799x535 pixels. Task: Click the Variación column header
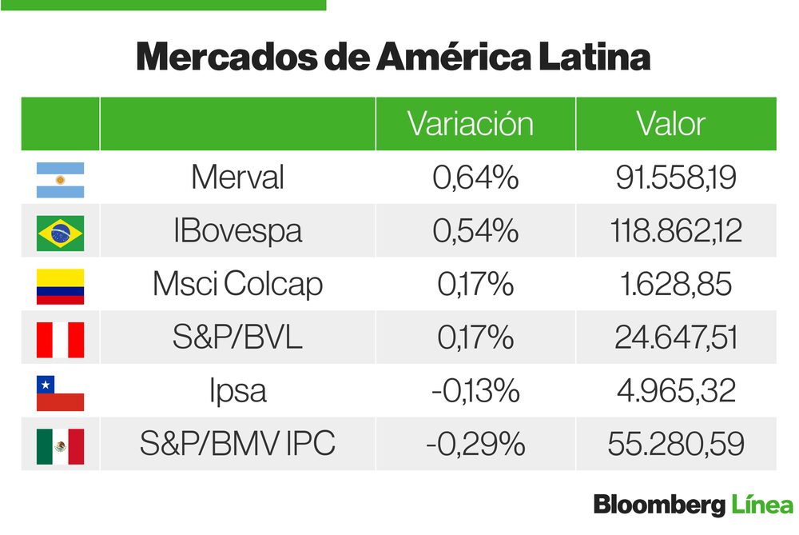click(x=470, y=124)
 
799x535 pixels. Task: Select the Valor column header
click(x=671, y=124)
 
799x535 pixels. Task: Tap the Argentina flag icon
click(x=60, y=179)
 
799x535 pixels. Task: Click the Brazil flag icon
click(x=60, y=233)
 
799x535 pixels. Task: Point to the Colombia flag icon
click(x=60, y=285)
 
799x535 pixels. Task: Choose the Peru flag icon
click(x=60, y=339)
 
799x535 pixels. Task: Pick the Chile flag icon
click(x=60, y=393)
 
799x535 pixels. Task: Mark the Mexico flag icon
click(x=60, y=445)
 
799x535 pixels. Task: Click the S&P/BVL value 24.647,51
click(x=675, y=338)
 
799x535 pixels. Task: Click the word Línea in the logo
click(x=761, y=506)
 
